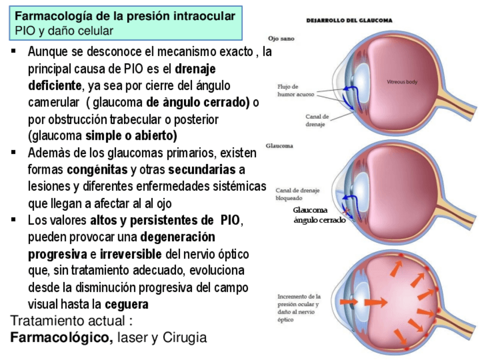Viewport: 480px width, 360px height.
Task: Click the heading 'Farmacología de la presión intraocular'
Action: [x=125, y=16]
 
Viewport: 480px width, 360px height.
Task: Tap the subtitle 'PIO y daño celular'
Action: [x=64, y=31]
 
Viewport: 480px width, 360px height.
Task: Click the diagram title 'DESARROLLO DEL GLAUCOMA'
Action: [x=349, y=20]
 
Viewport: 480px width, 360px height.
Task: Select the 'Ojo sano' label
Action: [x=281, y=38]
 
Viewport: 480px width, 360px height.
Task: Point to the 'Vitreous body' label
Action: [x=402, y=82]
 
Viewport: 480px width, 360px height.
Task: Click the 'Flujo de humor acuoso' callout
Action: [x=295, y=91]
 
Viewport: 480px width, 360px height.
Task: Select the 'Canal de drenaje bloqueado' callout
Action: [x=297, y=194]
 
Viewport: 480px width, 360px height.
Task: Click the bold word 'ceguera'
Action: [x=127, y=305]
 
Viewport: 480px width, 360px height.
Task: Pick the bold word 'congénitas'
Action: [x=97, y=169]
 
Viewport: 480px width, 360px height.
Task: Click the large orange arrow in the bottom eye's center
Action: [x=374, y=302]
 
